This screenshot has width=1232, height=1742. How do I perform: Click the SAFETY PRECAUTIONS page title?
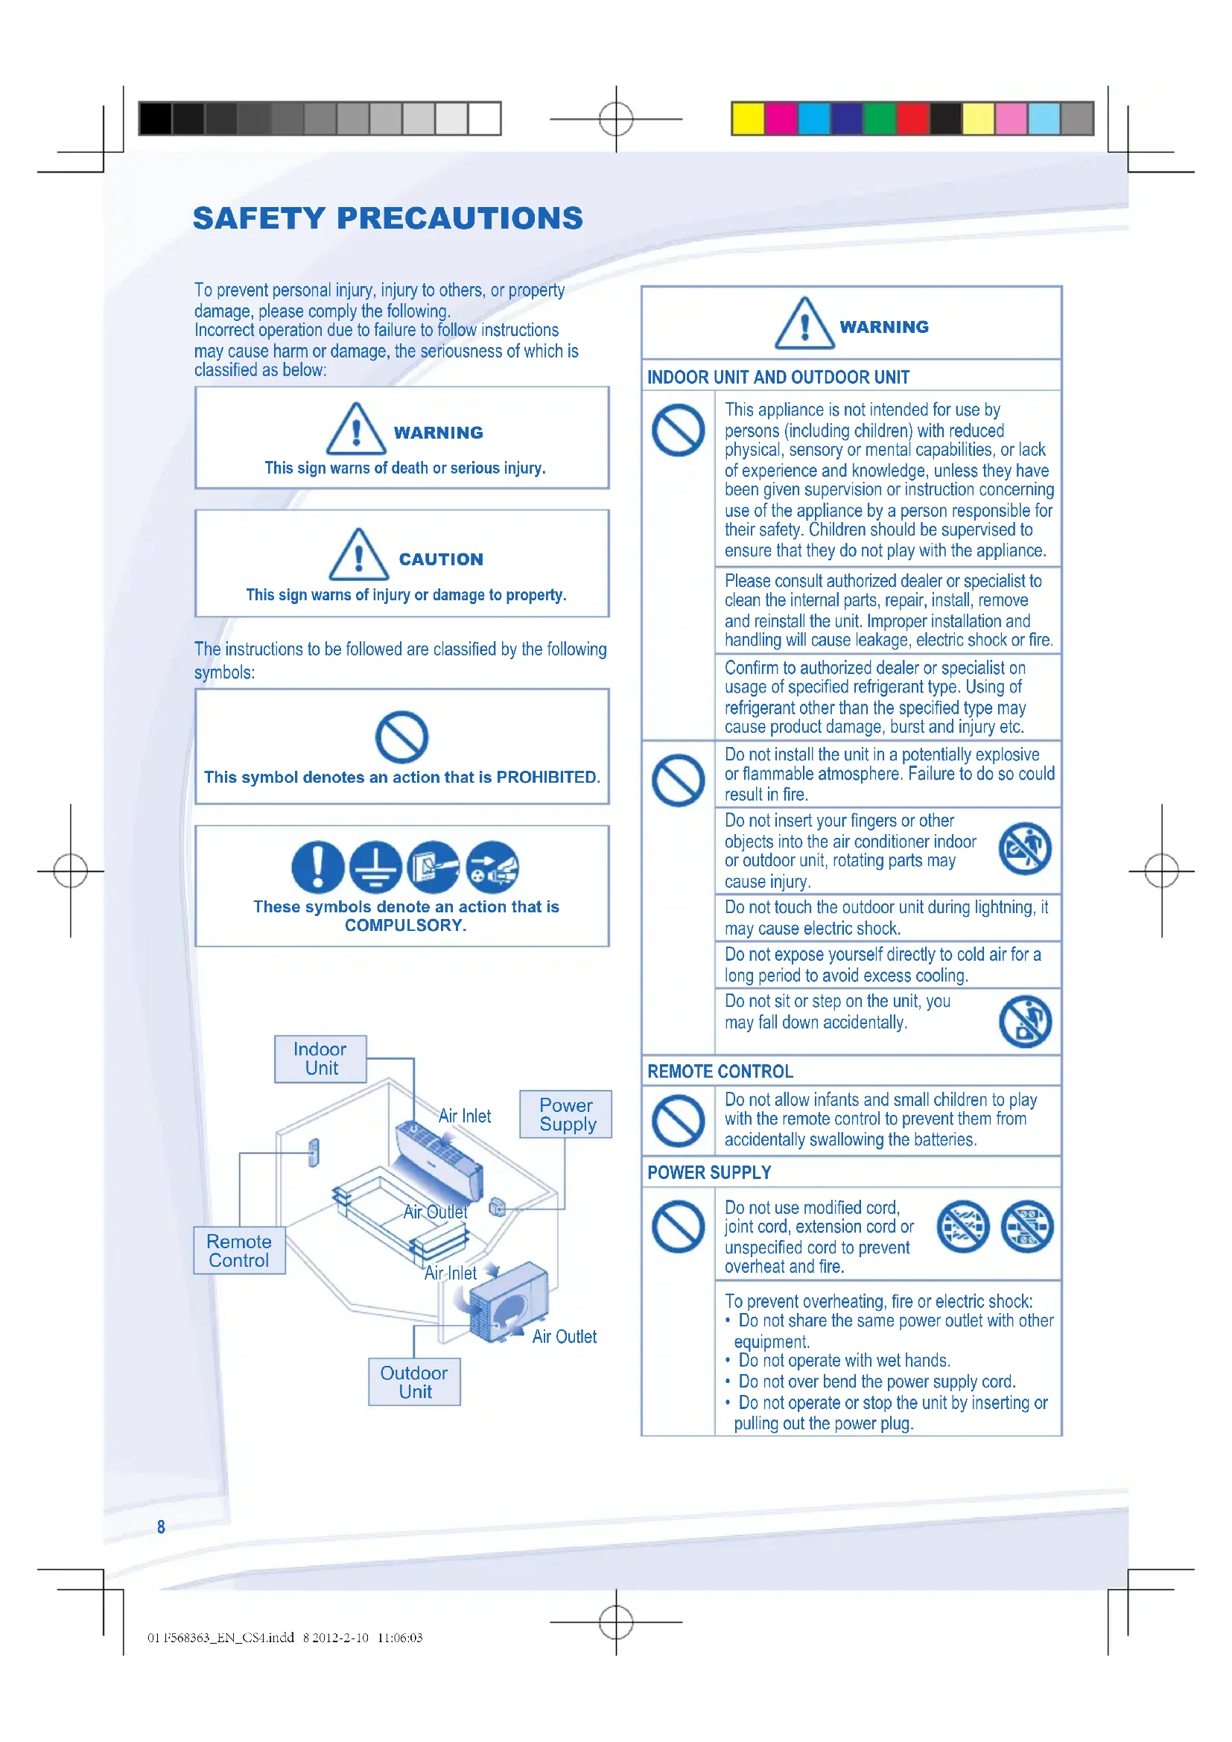point(387,218)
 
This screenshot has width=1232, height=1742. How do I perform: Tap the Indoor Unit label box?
point(320,1058)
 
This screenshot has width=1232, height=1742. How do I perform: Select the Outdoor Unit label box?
point(414,1382)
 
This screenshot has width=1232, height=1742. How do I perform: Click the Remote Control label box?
point(239,1250)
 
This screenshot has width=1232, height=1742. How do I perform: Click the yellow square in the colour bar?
point(748,118)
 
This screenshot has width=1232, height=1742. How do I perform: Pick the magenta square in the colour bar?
point(781,118)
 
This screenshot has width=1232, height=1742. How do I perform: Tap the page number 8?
point(161,1527)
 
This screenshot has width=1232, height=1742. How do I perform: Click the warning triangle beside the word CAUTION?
point(358,555)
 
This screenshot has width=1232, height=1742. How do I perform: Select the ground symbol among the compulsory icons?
point(375,866)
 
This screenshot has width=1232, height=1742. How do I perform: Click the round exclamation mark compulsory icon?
point(317,866)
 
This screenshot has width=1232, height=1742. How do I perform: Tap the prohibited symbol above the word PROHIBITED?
point(401,737)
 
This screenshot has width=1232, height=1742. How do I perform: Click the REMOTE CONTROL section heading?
point(720,1071)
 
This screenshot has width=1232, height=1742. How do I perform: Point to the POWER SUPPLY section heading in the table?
point(708,1172)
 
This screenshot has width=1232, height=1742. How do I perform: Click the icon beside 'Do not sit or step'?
point(1025,1021)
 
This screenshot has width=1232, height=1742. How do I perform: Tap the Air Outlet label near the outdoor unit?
point(564,1337)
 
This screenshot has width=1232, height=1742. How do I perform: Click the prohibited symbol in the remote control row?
point(679,1121)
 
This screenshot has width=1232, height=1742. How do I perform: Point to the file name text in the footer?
point(220,1637)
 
